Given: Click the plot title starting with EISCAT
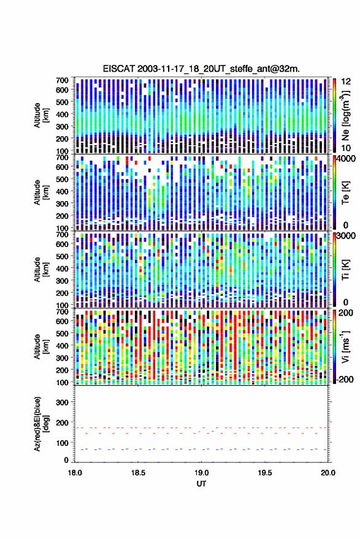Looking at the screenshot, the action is pyautogui.click(x=201, y=69).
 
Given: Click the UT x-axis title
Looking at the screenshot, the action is pyautogui.click(x=202, y=484).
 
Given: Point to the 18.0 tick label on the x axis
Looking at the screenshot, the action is pyautogui.click(x=75, y=473).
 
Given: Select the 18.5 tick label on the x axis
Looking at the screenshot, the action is pyautogui.click(x=138, y=473).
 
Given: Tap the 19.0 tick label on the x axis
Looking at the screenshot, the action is pyautogui.click(x=202, y=473).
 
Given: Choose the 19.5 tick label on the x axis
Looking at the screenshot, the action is pyautogui.click(x=265, y=473).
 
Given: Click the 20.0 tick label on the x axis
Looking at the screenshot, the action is pyautogui.click(x=328, y=473).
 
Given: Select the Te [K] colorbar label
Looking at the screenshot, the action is pyautogui.click(x=345, y=193).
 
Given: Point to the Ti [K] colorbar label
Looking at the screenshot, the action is pyautogui.click(x=345, y=270).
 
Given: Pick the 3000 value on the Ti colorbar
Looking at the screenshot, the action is pyautogui.click(x=347, y=236).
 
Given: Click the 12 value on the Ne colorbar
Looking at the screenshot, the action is pyautogui.click(x=347, y=82).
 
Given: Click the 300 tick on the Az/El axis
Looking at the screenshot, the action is pyautogui.click(x=62, y=402).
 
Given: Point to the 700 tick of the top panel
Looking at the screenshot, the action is pyautogui.click(x=62, y=80).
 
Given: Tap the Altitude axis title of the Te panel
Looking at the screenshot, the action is pyautogui.click(x=41, y=193).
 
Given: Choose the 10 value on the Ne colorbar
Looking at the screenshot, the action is pyautogui.click(x=347, y=148).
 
